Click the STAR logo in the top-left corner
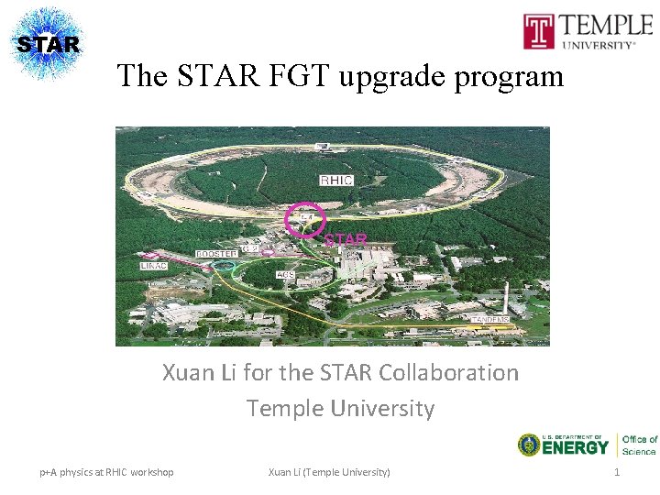(48, 43)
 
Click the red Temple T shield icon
(538, 31)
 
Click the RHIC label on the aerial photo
(335, 180)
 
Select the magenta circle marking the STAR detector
(304, 220)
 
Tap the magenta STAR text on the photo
(346, 240)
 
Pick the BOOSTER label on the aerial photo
(216, 252)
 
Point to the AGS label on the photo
(286, 274)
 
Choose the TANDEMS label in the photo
(490, 320)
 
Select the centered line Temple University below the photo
(340, 408)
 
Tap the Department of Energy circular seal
(529, 445)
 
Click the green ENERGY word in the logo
(576, 447)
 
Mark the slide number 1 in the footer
(617, 471)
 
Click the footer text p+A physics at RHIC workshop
(106, 472)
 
